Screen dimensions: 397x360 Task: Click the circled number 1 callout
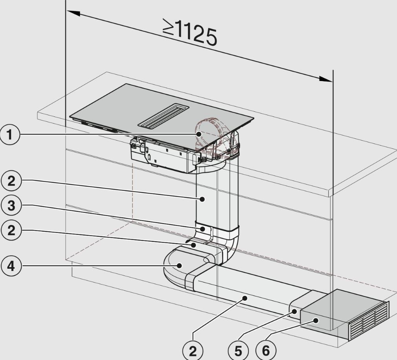tap(9, 135)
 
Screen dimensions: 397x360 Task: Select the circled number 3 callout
tap(11, 205)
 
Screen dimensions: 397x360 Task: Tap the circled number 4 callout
tap(11, 266)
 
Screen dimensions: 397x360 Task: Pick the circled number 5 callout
tap(238, 351)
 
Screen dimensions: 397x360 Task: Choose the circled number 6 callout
tap(266, 351)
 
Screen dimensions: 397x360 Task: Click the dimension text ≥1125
tap(190, 32)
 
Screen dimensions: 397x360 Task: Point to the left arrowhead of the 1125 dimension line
tap(74, 13)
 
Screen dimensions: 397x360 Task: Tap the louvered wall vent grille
tap(369, 321)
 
